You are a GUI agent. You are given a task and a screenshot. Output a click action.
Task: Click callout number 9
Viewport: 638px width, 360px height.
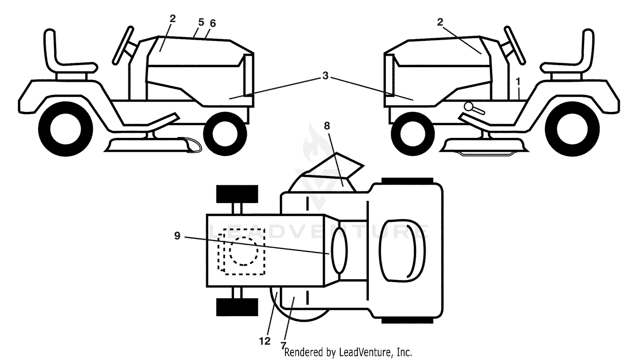point(177,236)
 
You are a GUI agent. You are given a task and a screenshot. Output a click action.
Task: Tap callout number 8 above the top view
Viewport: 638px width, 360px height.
point(327,126)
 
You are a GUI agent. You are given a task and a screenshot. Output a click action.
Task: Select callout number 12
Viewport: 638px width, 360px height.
point(265,341)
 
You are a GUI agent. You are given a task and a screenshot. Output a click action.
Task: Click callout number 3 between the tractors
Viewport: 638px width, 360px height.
point(325,76)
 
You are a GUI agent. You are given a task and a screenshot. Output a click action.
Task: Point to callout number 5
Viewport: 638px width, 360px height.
point(201,22)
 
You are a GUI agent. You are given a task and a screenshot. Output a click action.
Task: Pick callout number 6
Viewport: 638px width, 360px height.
point(213,23)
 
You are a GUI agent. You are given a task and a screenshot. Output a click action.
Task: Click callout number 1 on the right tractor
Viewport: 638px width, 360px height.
point(518,82)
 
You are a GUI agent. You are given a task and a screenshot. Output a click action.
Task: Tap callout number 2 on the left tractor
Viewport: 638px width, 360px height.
point(172,19)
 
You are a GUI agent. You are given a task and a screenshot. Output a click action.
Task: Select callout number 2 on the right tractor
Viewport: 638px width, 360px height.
point(440,22)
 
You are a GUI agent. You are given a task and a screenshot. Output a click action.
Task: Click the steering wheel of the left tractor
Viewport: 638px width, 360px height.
point(123,46)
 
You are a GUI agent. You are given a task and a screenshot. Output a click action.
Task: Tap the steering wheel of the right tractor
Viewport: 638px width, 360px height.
point(515,45)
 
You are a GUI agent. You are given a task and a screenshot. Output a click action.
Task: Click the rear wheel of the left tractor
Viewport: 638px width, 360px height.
point(66,129)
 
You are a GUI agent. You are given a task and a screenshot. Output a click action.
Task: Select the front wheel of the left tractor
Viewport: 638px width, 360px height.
point(225,134)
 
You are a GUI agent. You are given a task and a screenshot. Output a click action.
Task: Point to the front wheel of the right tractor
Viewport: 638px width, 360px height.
point(413,134)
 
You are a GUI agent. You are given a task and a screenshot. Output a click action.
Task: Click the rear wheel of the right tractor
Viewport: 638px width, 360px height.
point(572,129)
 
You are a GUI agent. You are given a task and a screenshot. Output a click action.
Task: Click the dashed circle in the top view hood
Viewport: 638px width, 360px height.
point(244,251)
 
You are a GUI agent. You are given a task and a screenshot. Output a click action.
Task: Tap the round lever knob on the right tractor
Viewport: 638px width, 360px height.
point(468,107)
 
